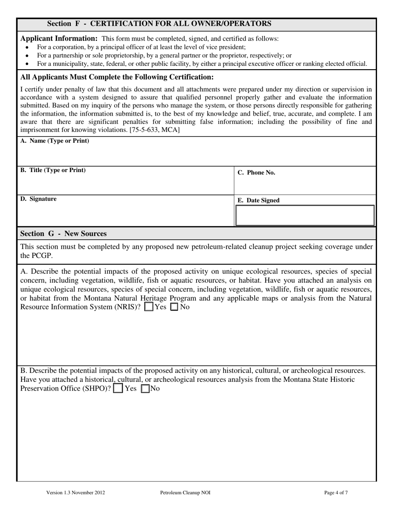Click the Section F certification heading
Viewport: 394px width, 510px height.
(x=159, y=24)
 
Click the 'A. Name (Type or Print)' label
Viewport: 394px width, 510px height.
(x=54, y=141)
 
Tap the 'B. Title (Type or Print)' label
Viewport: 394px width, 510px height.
(x=53, y=170)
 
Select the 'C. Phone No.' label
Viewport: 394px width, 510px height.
(x=256, y=173)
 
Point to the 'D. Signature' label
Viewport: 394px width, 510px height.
(x=38, y=199)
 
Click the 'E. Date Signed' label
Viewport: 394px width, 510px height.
(x=258, y=201)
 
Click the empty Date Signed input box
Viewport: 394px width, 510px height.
(x=305, y=216)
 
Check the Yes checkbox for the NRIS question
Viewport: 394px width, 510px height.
(x=148, y=307)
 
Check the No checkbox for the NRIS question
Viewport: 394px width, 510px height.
(x=175, y=307)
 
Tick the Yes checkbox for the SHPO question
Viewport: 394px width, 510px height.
(x=118, y=389)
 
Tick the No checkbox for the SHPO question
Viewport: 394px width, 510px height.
(x=146, y=389)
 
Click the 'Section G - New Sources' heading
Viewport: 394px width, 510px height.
(x=63, y=234)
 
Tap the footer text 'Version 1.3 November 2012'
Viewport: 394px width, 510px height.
(x=75, y=493)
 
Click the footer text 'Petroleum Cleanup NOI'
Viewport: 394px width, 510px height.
(x=185, y=493)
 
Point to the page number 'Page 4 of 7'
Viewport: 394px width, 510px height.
(x=336, y=493)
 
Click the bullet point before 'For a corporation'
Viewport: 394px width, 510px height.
(x=27, y=48)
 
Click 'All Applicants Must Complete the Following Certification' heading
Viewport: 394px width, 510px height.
(x=117, y=77)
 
